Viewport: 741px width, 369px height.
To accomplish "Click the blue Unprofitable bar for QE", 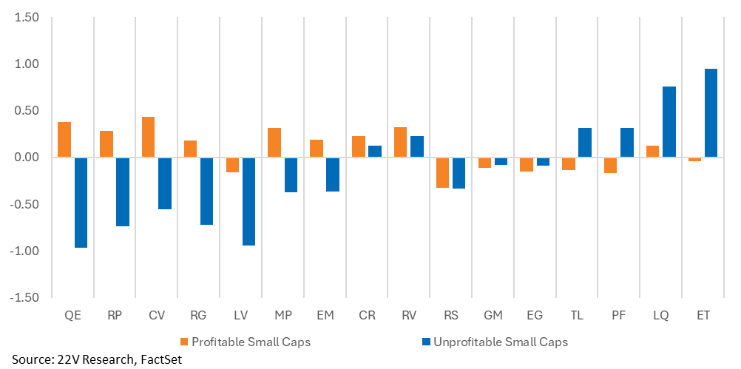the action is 81,203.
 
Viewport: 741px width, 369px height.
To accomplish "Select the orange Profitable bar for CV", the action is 148,137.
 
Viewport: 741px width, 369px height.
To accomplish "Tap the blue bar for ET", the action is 711,113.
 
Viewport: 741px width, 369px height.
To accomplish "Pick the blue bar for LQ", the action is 669,122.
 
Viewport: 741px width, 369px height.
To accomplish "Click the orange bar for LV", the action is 232,165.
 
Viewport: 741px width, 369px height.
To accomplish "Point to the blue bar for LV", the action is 248,202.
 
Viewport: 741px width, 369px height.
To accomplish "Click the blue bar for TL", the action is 584,143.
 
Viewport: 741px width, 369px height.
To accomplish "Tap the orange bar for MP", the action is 274,143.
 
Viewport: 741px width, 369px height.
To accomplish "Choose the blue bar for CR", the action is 375,152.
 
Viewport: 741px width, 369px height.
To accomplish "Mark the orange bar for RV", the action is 400,142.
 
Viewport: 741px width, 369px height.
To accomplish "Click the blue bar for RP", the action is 123,192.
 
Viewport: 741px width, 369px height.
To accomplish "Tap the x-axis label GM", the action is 493,316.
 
